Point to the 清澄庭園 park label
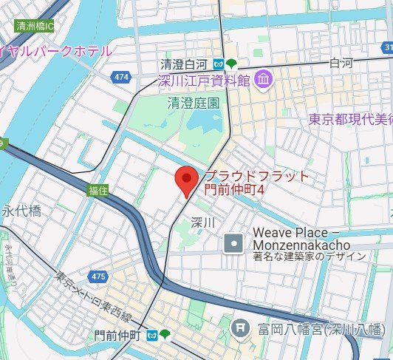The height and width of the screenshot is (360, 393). pos(194,103)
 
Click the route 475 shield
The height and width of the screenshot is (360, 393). pos(96,276)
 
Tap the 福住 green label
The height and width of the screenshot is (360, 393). pos(98,190)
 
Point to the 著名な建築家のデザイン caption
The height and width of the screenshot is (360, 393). pos(309,257)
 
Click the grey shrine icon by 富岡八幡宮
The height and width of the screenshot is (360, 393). pos(240,327)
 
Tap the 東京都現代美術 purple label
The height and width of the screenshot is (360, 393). pos(349,118)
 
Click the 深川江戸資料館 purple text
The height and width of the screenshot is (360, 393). pos(204,80)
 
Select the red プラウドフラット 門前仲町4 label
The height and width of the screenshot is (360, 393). pos(255,183)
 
